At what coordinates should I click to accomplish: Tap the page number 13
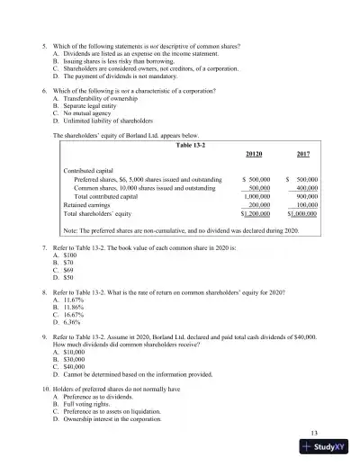(x=312, y=435)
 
